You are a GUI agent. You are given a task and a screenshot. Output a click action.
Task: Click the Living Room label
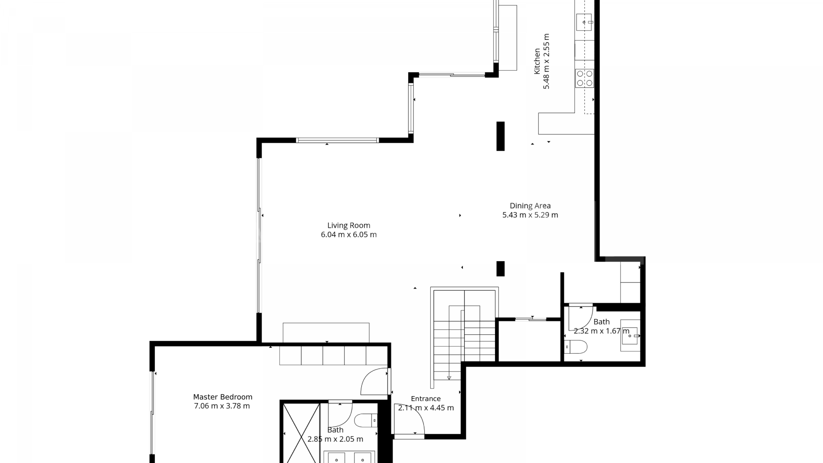[x=348, y=225]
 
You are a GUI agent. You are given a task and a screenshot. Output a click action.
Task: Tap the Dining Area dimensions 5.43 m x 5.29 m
[x=530, y=215]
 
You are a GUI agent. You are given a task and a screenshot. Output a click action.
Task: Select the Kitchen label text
[x=537, y=61]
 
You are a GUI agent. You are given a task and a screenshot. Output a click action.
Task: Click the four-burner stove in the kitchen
[x=585, y=78]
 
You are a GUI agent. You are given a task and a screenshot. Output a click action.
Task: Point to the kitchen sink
[x=584, y=22]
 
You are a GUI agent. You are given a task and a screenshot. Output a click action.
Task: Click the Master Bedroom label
[x=222, y=397]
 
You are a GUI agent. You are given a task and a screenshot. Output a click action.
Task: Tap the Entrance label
[x=426, y=399]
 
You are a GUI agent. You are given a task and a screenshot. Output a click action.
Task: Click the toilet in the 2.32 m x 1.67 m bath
[x=576, y=346]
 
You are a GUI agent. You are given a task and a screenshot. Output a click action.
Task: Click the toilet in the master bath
[x=366, y=420]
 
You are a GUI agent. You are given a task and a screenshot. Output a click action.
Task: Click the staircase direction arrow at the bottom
[x=449, y=377]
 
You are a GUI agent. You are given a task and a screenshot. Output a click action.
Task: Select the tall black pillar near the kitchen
[x=500, y=136]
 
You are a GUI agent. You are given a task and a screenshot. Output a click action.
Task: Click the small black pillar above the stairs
[x=500, y=268]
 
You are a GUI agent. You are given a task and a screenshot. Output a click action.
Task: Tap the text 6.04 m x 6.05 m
[x=348, y=235]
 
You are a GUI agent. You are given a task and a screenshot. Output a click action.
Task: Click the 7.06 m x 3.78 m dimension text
[x=222, y=406]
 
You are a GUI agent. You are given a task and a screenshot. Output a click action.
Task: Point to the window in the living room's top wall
[x=337, y=140]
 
